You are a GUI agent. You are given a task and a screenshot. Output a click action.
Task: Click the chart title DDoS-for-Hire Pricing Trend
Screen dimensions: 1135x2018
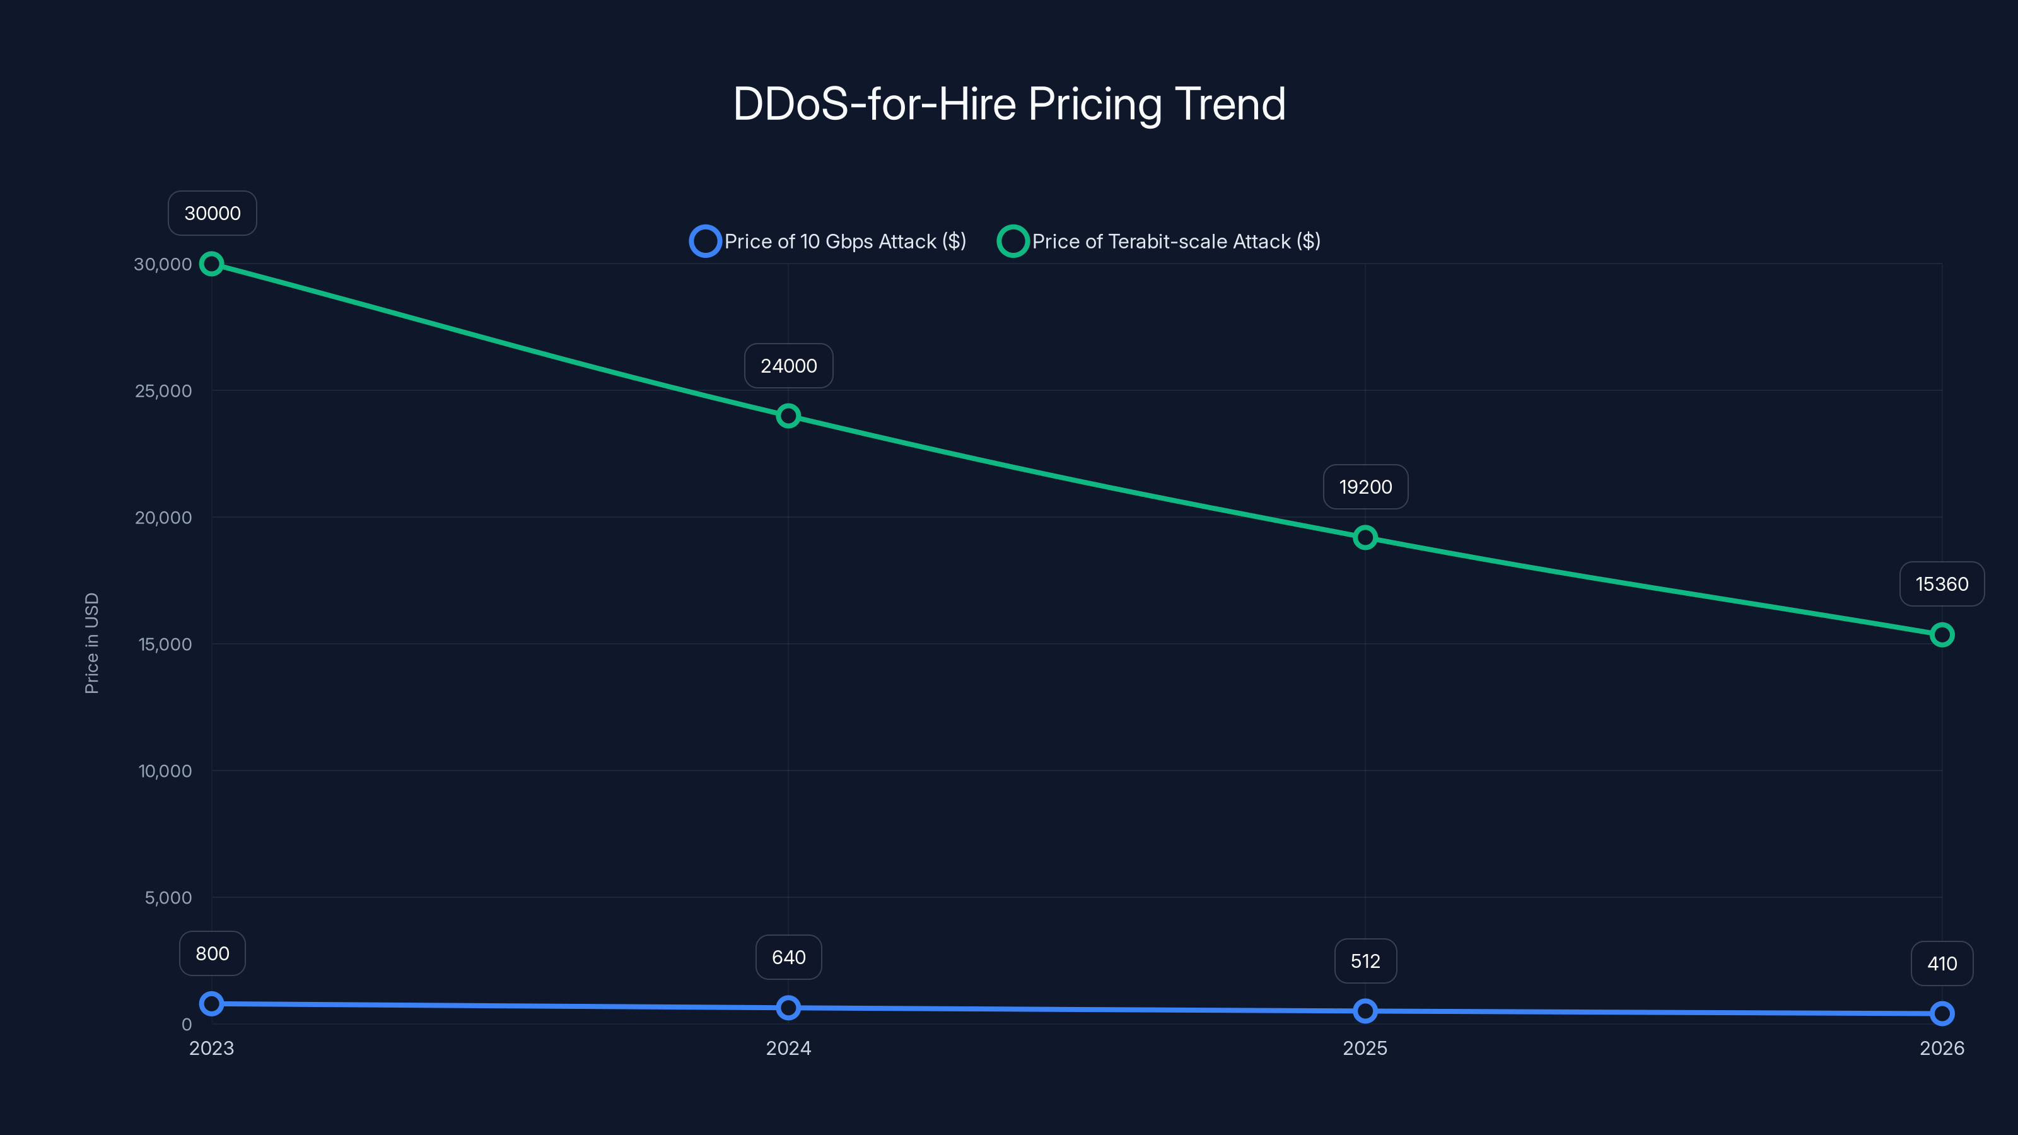(x=1009, y=104)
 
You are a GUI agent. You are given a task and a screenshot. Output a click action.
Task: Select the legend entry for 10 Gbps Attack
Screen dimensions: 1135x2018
(x=829, y=242)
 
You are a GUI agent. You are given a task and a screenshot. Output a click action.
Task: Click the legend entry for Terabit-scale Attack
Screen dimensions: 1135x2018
(x=1160, y=242)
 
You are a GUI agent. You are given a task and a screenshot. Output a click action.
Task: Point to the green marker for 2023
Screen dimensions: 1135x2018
(x=211, y=264)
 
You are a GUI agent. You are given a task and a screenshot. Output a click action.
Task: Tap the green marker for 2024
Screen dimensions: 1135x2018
(x=788, y=416)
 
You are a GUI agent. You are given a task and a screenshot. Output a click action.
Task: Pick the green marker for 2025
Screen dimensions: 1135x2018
(x=1365, y=537)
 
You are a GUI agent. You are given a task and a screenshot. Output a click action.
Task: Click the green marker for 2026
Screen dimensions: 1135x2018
(x=1941, y=634)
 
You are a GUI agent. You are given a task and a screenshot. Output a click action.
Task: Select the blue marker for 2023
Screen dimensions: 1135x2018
(x=211, y=1003)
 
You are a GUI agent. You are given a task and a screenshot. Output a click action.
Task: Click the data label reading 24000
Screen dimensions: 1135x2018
(x=788, y=366)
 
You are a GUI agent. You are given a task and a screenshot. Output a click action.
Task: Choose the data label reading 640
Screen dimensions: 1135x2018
(x=788, y=957)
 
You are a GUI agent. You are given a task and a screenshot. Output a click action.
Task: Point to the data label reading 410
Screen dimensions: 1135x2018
(x=1941, y=963)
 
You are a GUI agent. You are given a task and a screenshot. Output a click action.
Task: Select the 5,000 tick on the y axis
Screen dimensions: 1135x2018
(x=168, y=898)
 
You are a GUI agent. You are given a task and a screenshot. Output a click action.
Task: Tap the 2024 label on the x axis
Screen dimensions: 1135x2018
(x=788, y=1048)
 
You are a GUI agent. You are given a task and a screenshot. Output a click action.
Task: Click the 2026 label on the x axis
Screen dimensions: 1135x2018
(x=1941, y=1048)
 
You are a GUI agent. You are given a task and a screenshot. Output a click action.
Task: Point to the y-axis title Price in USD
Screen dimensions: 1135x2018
(x=91, y=643)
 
